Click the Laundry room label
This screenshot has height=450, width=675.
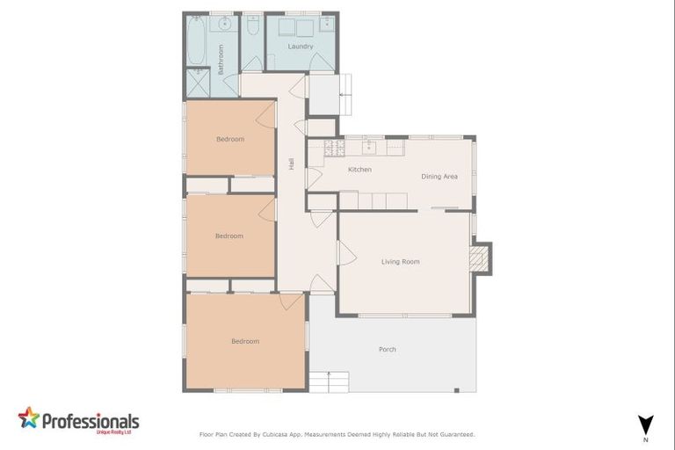pyautogui.click(x=301, y=47)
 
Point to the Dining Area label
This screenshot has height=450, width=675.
pyautogui.click(x=439, y=177)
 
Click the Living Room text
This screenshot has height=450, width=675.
pyautogui.click(x=400, y=261)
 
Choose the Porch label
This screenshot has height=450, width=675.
pyautogui.click(x=387, y=349)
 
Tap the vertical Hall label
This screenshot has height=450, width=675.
pyautogui.click(x=291, y=163)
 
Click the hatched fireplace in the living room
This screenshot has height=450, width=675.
pyautogui.click(x=480, y=258)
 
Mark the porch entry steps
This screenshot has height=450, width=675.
pyautogui.click(x=329, y=381)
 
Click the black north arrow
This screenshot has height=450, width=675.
pyautogui.click(x=645, y=422)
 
